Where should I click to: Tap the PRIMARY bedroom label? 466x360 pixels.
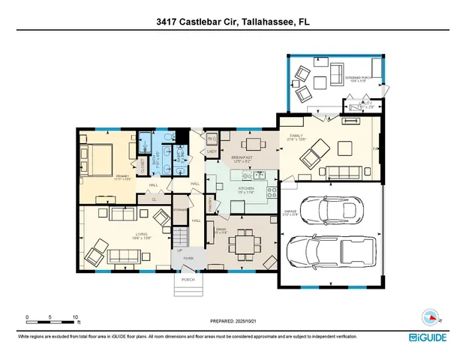(x=102, y=175)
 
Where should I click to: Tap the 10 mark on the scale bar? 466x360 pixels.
(x=75, y=316)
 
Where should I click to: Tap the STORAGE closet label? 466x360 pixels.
(x=180, y=209)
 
